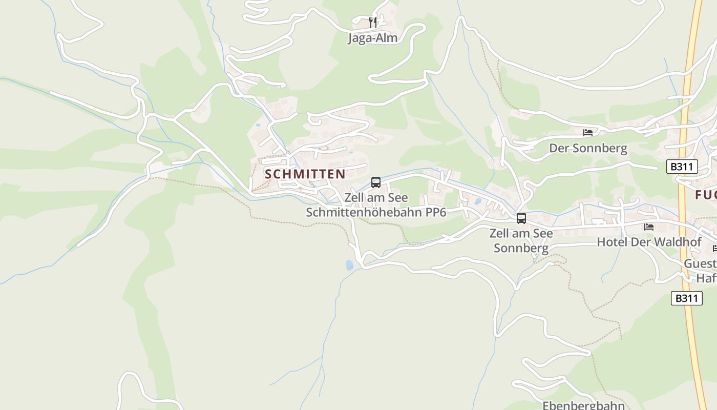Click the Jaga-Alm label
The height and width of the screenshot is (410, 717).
(372, 38)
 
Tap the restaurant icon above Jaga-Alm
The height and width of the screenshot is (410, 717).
(373, 22)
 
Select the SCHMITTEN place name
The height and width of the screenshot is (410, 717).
(305, 174)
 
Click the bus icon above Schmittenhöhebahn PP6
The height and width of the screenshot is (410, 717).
(376, 182)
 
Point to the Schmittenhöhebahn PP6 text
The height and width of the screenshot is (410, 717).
(376, 212)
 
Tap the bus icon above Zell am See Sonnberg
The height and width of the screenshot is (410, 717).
(521, 218)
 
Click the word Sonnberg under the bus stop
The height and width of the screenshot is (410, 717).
(521, 249)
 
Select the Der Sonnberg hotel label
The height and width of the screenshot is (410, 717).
(588, 149)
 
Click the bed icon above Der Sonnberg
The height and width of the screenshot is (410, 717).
(588, 133)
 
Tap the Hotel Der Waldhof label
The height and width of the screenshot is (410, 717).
(642, 242)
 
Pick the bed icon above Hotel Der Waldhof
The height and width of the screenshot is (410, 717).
(649, 227)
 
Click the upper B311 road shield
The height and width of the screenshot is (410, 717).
(682, 167)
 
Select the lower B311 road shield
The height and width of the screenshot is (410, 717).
(686, 298)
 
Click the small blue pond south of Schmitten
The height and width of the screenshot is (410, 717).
(349, 265)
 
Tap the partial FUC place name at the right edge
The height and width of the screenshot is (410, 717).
(706, 195)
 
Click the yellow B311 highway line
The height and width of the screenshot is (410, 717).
(689, 231)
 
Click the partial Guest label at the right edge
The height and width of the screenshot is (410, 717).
(701, 264)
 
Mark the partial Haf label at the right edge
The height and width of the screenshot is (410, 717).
(706, 278)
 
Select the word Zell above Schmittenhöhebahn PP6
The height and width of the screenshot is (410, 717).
(353, 197)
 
